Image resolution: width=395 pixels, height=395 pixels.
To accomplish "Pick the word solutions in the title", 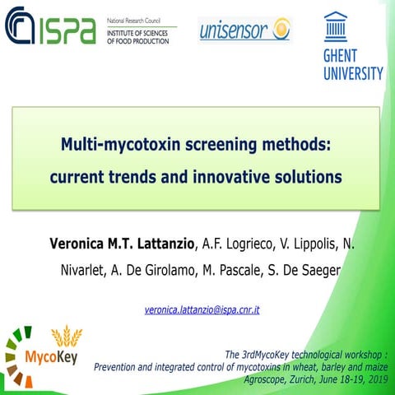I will [x=307, y=176].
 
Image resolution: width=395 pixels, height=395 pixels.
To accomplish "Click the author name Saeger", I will [x=342, y=272].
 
